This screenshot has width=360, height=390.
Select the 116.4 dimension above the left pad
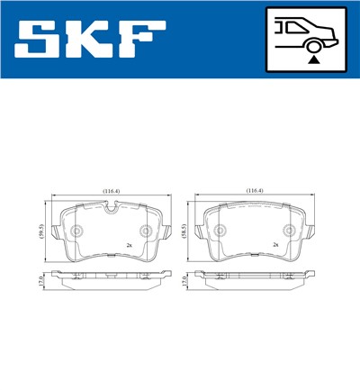pyautogui.click(x=111, y=192)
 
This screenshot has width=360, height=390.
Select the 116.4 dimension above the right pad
pyautogui.click(x=256, y=192)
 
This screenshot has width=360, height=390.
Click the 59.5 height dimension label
pyautogui.click(x=40, y=231)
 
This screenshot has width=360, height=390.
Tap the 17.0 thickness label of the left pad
pyautogui.click(x=40, y=282)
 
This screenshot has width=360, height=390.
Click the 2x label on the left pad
pyautogui.click(x=130, y=246)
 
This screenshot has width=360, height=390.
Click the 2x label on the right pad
pyautogui.click(x=275, y=246)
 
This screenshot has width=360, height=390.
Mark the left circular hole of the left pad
pyautogui.click(x=76, y=231)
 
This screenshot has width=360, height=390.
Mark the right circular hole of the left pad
pyautogui.click(x=146, y=231)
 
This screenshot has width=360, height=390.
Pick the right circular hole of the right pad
pyautogui.click(x=290, y=231)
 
